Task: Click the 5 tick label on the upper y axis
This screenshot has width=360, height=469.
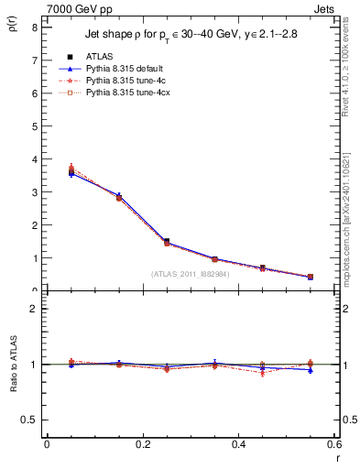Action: [34, 126]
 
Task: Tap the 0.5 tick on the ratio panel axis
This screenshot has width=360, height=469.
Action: [29, 420]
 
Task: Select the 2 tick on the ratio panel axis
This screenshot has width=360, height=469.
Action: [34, 309]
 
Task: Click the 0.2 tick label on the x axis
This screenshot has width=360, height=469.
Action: [142, 444]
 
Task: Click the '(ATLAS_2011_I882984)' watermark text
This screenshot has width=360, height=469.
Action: [191, 273]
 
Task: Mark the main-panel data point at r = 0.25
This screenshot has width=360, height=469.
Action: [167, 242]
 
